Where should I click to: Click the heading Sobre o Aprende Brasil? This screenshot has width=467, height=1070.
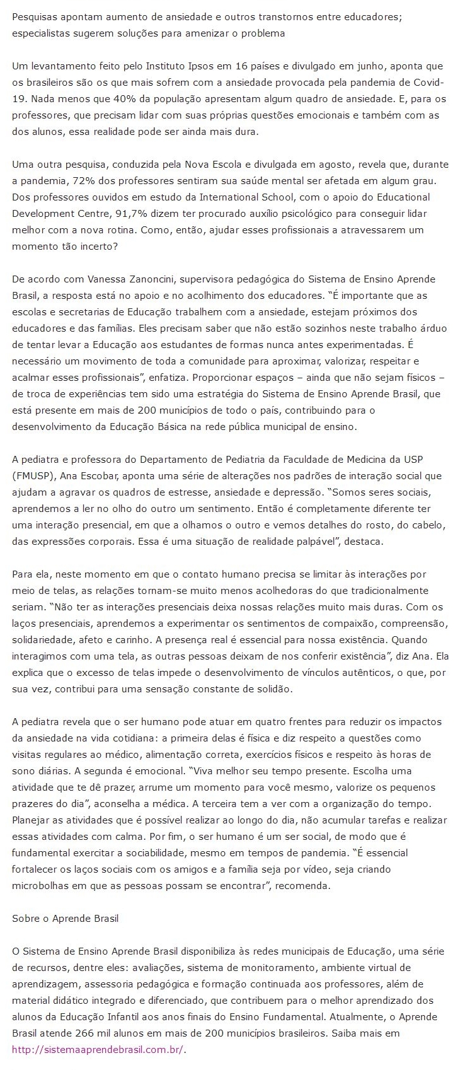pyautogui.click(x=66, y=919)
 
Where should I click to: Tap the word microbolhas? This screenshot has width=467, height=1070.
pyautogui.click(x=42, y=886)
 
